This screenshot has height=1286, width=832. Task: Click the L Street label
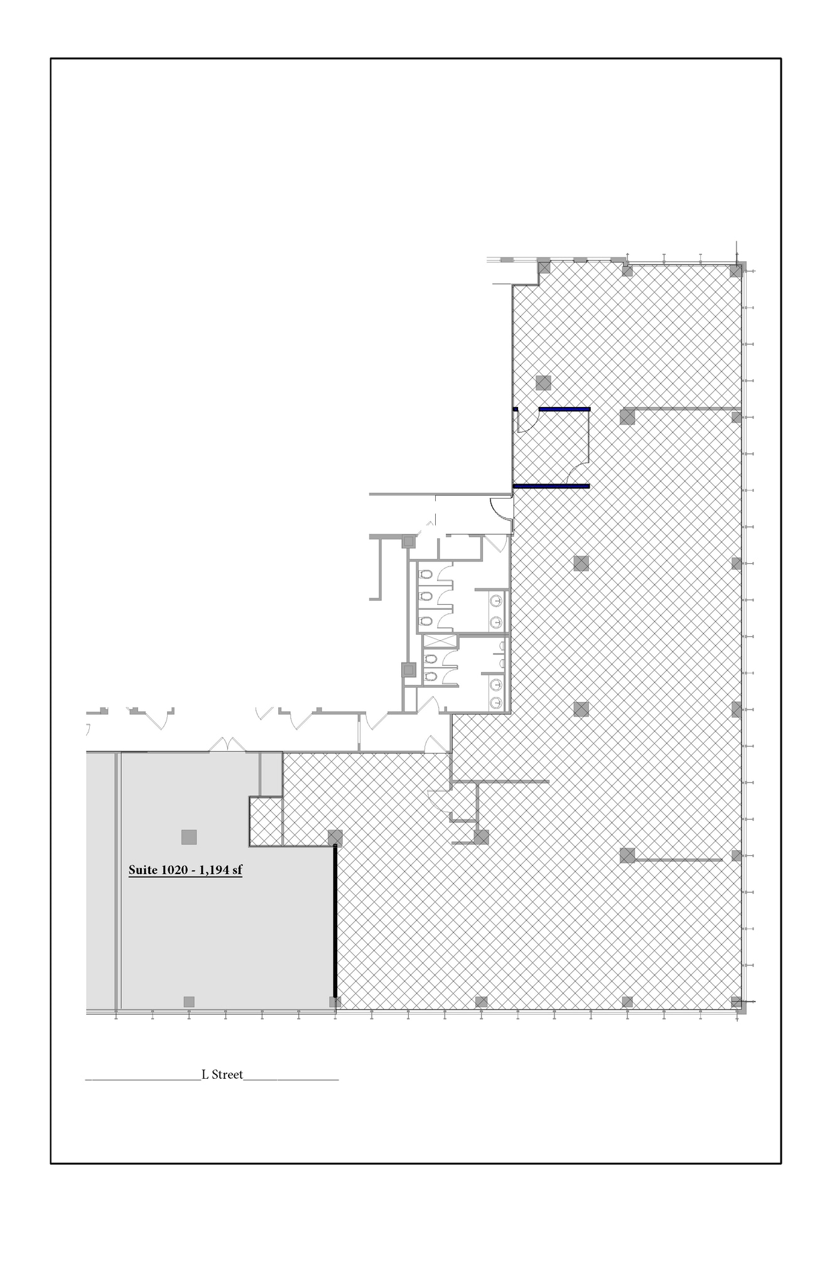222,1074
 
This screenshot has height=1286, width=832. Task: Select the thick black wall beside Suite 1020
335,922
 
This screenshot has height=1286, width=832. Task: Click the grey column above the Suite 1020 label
189,836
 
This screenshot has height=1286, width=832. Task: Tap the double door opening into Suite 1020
227,745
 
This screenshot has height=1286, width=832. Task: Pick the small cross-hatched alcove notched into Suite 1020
266,821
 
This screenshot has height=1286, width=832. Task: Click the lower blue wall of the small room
551,486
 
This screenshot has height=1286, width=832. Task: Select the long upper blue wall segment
565,409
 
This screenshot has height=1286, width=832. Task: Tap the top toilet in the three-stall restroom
426,574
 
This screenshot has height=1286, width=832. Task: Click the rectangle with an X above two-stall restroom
440,641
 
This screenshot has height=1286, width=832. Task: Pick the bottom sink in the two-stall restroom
496,701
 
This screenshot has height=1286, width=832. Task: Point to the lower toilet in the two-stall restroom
431,677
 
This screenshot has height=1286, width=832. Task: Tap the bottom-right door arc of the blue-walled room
580,472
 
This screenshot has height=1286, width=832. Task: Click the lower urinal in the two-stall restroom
502,662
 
